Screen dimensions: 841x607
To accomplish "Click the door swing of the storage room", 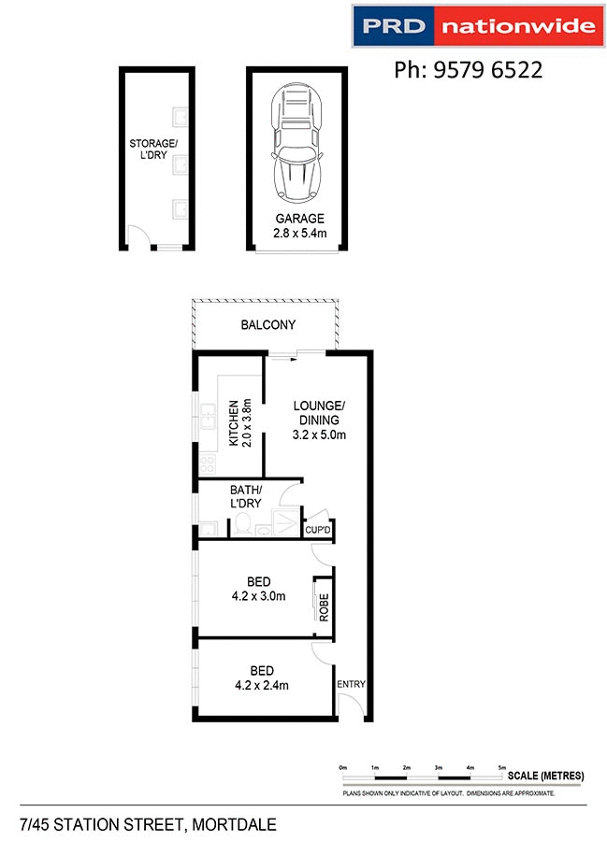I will pos(137,239).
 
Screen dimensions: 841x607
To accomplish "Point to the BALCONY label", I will pos(267,325).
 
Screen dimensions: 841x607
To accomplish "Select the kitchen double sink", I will pos(205,413).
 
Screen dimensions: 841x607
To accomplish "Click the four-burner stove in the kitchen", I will pos(206,463).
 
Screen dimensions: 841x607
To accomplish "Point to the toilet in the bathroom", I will pos(241,526).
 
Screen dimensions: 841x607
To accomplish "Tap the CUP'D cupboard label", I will pos(318,531).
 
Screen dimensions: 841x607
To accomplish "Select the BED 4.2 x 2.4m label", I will pos(262,677).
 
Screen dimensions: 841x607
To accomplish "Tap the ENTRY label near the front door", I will pos(352,684).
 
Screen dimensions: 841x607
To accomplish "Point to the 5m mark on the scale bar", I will pos(502,767).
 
